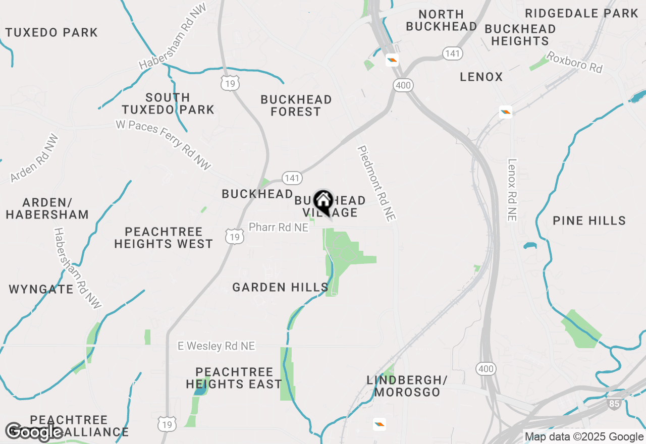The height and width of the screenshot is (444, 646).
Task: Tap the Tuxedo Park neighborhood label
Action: click(x=51, y=33)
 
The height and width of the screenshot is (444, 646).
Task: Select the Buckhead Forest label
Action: click(x=296, y=105)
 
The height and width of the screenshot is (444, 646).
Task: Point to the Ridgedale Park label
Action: click(x=581, y=14)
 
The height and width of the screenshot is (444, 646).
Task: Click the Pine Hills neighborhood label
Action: click(x=589, y=220)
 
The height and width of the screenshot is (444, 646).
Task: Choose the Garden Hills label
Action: click(x=281, y=288)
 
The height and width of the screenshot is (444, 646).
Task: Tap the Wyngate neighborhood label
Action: click(x=41, y=290)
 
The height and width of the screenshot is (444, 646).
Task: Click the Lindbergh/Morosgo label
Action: click(x=407, y=385)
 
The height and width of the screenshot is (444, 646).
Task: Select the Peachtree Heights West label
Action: click(x=164, y=238)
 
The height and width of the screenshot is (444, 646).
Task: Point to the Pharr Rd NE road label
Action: click(x=279, y=228)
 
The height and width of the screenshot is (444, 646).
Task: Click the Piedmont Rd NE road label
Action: click(x=376, y=183)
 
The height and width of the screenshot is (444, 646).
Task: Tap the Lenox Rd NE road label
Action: click(x=512, y=190)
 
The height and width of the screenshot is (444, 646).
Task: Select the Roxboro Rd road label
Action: click(x=575, y=62)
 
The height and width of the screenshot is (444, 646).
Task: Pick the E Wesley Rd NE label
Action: click(x=217, y=346)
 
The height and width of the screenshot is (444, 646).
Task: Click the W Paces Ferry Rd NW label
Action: click(x=163, y=145)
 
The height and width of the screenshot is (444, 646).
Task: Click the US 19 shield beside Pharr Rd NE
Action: click(x=235, y=236)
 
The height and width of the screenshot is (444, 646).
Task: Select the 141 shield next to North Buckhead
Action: click(x=452, y=53)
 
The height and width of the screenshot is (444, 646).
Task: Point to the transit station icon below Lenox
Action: click(x=506, y=112)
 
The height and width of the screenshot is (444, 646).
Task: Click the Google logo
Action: click(x=34, y=432)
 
